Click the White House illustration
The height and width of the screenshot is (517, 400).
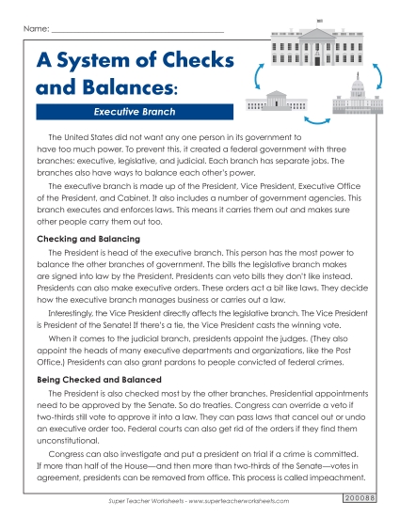pyautogui.click(x=320, y=49)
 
